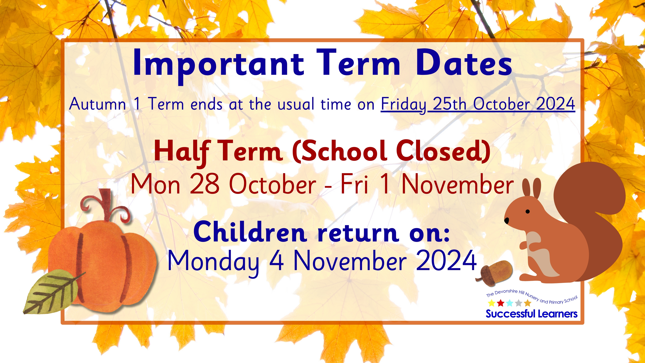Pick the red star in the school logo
click(x=501, y=303)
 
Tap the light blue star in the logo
click(x=510, y=303)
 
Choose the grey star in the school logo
click(x=519, y=303)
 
